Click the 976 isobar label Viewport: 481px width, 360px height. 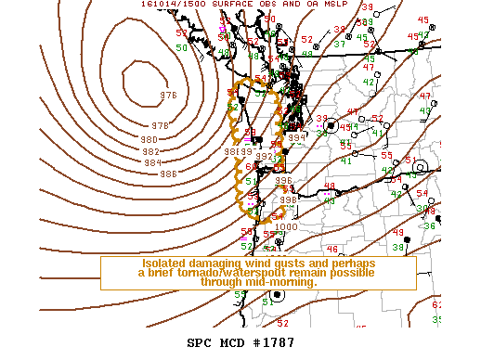click(x=168, y=96)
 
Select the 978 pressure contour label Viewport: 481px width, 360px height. click(x=161, y=125)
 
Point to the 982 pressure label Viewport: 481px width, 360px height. click(x=151, y=151)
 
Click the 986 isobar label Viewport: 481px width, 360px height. click(x=168, y=174)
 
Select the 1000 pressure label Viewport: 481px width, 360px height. click(x=287, y=226)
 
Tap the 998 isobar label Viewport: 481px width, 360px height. click(x=288, y=199)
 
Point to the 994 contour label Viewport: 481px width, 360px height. click(x=296, y=137)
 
